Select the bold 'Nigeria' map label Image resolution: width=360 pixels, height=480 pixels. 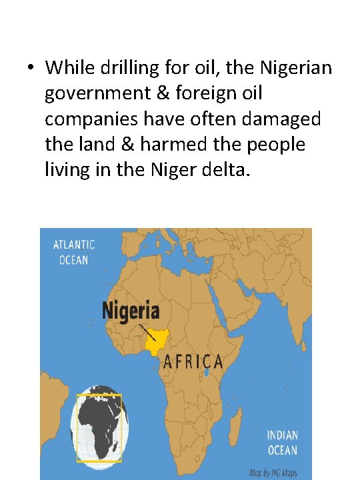(131, 311)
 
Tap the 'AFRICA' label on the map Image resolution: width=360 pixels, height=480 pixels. (193, 362)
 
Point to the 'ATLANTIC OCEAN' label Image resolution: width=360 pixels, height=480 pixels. (74, 252)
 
